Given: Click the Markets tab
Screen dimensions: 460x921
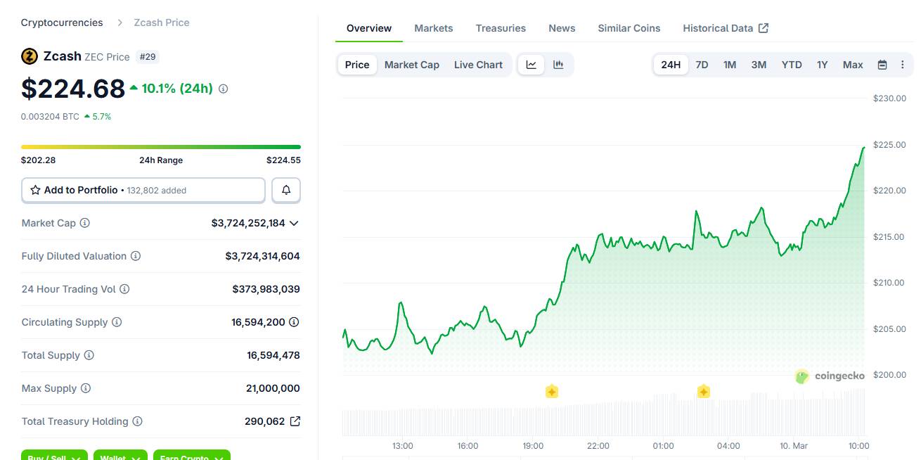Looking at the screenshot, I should [433, 28].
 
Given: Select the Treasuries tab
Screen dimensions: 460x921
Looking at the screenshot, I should [501, 28].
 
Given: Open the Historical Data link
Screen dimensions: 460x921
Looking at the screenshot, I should [725, 28].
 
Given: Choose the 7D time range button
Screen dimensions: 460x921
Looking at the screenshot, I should [702, 65].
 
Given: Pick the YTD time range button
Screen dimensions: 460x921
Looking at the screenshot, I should [792, 65].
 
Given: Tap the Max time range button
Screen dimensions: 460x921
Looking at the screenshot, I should [853, 65].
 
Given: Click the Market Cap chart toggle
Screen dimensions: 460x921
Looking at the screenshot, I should [411, 65].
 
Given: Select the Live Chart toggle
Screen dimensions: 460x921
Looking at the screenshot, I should [478, 65].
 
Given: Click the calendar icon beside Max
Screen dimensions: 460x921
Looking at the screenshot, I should [882, 65].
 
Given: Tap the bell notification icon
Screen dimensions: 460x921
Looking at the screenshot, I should [286, 190].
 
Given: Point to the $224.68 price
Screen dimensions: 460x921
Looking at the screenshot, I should [73, 89].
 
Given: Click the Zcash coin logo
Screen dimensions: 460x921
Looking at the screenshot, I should [30, 56].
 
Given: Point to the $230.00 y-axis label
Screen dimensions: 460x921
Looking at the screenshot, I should [889, 98].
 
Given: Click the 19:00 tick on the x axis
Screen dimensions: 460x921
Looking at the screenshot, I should [533, 445].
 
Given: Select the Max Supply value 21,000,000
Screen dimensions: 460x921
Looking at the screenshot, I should [273, 388].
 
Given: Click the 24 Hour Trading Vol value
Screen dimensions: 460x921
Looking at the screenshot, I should [266, 289].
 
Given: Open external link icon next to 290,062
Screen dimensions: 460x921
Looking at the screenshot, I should [295, 421].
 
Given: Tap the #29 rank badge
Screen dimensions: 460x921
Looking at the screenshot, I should [148, 56].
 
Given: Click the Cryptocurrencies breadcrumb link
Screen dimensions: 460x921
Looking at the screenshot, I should [62, 23].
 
